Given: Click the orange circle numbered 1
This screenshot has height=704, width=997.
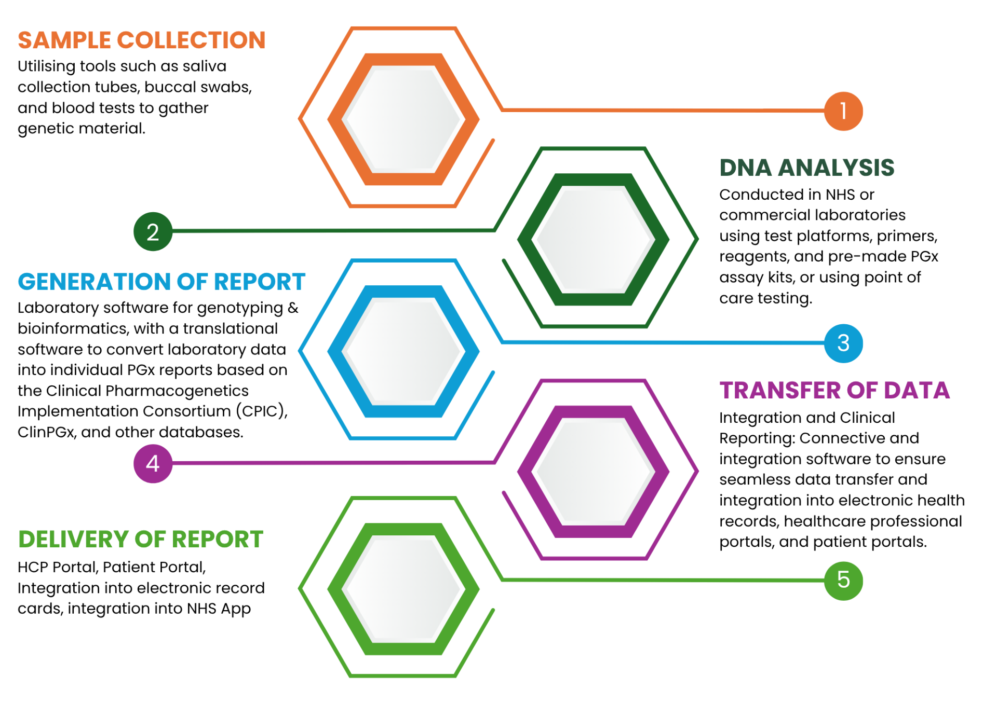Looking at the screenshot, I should point(843,111).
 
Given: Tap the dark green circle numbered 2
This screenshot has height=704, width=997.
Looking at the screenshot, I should point(153,231).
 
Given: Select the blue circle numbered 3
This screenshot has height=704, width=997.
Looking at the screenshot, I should point(843,343).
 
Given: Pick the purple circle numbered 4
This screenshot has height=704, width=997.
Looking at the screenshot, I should point(153,463).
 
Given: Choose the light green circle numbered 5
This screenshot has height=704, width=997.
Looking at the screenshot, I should point(843,580).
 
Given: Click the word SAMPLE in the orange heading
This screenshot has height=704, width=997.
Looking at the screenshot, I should point(64,40).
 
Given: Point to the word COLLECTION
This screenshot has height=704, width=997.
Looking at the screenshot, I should point(191,40).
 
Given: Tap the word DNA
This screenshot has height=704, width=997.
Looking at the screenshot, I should point(746,168).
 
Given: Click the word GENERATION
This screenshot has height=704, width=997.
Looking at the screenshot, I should point(94,282).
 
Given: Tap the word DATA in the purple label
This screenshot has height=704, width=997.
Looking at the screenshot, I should point(917,391).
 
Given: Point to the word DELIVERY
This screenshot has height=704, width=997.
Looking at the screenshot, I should point(74,540).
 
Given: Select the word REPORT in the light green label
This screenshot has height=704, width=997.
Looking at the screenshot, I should point(218,540).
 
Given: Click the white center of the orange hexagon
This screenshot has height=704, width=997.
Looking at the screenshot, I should point(403,119).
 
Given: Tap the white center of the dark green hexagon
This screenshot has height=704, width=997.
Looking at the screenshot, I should point(594,239).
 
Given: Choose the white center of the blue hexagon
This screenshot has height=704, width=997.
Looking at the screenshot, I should point(403,351).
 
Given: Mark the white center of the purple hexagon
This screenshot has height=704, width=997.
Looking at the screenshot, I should point(594,471).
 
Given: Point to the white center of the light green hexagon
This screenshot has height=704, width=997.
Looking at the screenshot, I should point(403,589).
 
